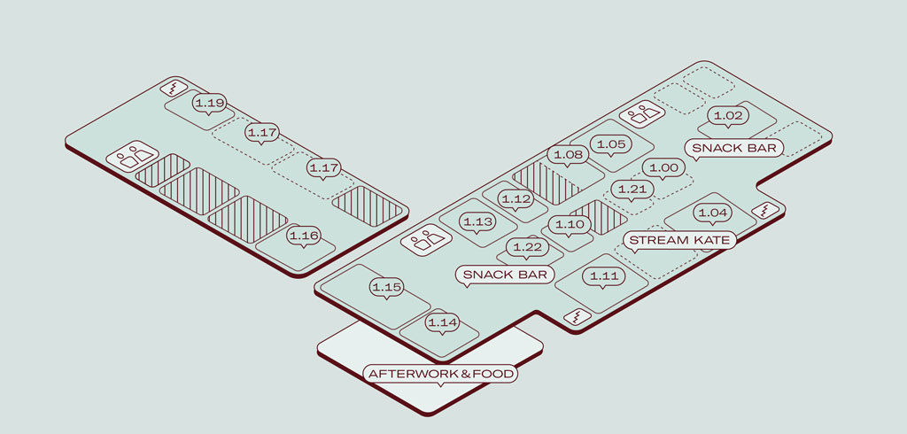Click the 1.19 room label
click(209, 104)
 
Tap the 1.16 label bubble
click(304, 236)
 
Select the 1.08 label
click(568, 155)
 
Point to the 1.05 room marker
click(611, 144)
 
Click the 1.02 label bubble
click(726, 116)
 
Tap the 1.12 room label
click(516, 199)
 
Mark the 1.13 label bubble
click(478, 221)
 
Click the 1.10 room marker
click(570, 224)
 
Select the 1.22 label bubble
click(526, 247)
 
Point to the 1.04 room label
click(712, 213)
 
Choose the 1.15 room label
click(387, 287)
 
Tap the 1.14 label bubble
click(442, 322)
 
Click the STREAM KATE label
click(679, 240)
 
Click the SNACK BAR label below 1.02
click(733, 148)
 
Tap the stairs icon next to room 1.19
click(174, 88)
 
